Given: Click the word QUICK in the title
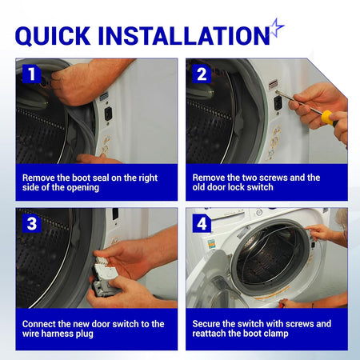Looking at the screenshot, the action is (x=53, y=35).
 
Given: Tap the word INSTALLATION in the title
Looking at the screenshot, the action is (x=184, y=35).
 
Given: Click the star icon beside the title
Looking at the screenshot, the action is (x=277, y=28).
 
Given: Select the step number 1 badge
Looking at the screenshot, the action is (x=32, y=74).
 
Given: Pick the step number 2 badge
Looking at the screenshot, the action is (x=202, y=74).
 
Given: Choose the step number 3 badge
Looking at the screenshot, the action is (x=32, y=223).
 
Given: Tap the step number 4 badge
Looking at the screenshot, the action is (x=202, y=223).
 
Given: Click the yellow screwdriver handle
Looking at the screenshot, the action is (x=329, y=118).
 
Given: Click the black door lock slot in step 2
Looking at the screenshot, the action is (x=278, y=103).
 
